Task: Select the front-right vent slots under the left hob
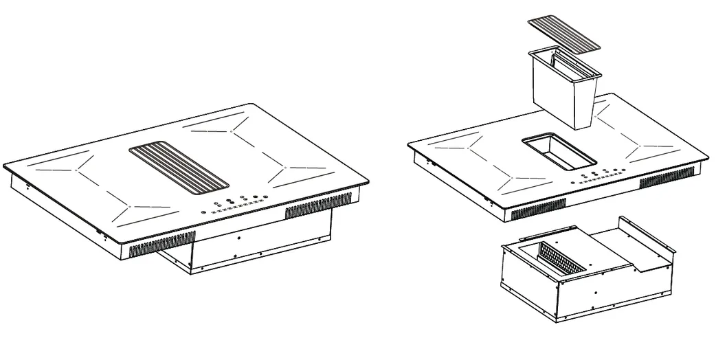(317, 205)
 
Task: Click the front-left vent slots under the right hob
(539, 207)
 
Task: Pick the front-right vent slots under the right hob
(667, 180)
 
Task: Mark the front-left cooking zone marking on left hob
(137, 206)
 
